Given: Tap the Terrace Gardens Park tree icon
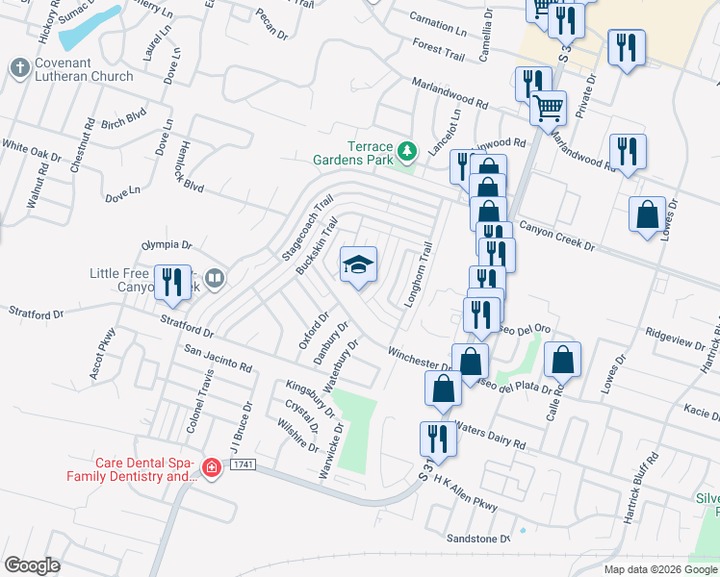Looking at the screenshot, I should pos(408,151).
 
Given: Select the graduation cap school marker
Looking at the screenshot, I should pos(358,264).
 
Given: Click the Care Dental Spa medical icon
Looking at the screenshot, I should pos(212,468).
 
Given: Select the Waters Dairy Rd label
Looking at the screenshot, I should pos(490,436).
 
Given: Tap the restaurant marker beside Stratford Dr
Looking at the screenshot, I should pos(172,281).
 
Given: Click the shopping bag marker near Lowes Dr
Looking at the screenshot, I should pos(647,214).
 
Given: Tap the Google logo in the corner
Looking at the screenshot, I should pos(32,564).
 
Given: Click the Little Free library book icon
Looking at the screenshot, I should pos(215,279).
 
